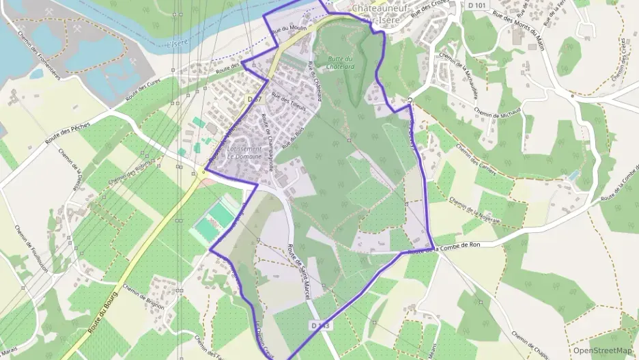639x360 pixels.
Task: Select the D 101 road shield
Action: pos(478,5)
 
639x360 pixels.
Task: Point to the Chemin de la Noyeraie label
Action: pos(475,210)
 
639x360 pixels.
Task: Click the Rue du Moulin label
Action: pos(288,29)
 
